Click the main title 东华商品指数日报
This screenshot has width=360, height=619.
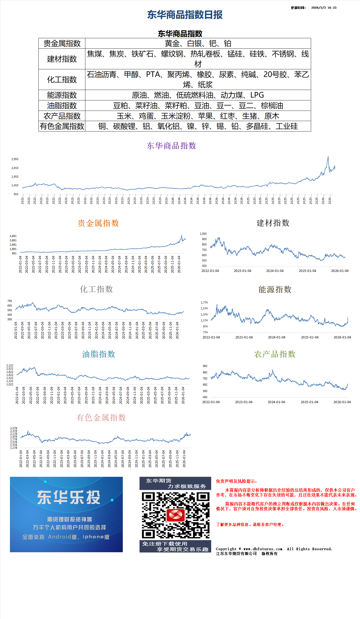point(185,15)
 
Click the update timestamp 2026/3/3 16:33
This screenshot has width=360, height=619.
point(324,8)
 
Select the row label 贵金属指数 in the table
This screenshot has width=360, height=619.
point(62,44)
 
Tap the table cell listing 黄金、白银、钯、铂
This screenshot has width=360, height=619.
point(198,44)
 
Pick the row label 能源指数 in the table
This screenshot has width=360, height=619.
point(62,95)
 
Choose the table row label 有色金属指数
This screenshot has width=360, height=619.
point(62,126)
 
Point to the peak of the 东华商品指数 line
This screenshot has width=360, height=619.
point(328,157)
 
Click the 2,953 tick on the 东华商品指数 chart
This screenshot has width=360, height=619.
point(15,159)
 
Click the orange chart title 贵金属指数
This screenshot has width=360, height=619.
point(98,223)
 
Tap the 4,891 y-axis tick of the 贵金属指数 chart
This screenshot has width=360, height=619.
point(13,236)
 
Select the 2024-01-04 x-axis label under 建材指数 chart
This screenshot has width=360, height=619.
point(275,271)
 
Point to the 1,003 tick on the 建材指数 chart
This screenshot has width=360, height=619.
point(203,234)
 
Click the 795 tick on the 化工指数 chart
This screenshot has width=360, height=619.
point(10,301)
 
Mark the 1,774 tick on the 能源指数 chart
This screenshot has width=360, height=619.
point(204,302)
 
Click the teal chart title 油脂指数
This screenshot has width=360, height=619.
point(99,354)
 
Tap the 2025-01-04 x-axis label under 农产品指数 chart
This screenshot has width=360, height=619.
point(309,402)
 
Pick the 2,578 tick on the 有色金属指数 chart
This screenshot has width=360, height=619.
point(14,428)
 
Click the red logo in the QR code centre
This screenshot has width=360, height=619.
point(175,515)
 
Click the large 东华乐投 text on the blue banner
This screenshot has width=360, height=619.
point(69,497)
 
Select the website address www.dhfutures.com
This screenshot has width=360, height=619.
point(263,549)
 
